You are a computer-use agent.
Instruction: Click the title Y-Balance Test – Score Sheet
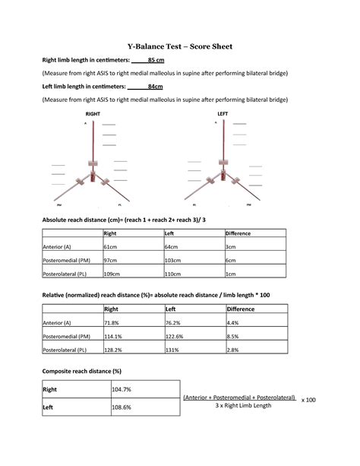tap(179, 47)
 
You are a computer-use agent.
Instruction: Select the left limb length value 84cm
tap(155, 87)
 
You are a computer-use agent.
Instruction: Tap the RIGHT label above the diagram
tap(93, 113)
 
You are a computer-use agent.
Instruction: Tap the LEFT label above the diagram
tap(222, 113)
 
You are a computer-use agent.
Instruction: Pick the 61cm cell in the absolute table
tap(110, 247)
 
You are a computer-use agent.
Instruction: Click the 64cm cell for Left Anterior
tap(172, 247)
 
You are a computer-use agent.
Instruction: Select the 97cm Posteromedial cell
tap(111, 260)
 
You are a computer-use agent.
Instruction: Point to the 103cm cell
tap(173, 260)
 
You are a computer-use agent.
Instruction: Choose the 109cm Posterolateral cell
tap(112, 274)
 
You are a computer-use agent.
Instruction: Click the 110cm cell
tap(173, 274)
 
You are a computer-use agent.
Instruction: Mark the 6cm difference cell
tap(231, 260)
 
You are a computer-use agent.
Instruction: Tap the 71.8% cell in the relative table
tap(112, 323)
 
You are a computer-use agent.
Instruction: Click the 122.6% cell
tap(175, 337)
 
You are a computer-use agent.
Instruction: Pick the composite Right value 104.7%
tap(122, 389)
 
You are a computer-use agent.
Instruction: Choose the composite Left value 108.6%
tap(122, 407)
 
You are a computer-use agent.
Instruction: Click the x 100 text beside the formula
tap(308, 400)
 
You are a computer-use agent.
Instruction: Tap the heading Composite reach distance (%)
tap(81, 370)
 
